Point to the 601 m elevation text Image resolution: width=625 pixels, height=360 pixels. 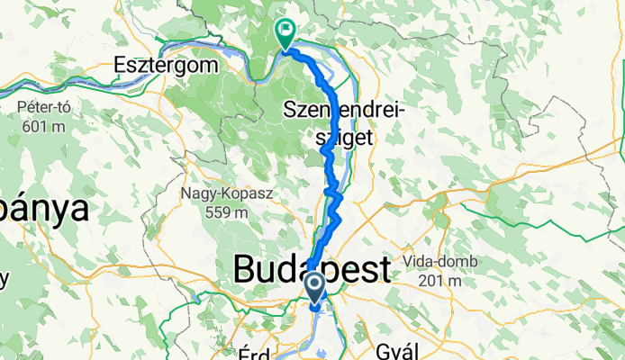[40, 126]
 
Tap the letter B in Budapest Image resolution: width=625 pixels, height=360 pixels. [244, 269]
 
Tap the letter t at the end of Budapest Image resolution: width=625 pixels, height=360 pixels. [385, 269]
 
